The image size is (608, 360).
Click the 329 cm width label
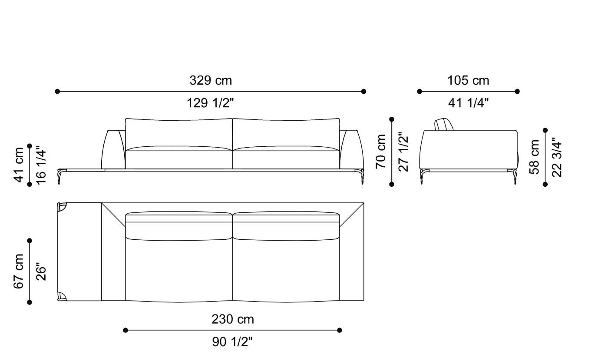(211, 80)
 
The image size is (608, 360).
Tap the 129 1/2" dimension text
(211, 103)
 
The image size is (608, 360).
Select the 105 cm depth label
(468, 80)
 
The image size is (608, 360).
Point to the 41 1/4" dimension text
(468, 103)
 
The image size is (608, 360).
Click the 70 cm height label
(381, 151)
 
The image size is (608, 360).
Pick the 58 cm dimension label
(535, 157)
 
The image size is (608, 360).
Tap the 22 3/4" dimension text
(556, 157)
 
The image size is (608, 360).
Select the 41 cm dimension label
(19, 165)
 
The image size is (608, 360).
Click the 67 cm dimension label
(19, 271)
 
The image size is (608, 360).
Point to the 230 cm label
(232, 319)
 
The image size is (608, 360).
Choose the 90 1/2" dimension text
(232, 342)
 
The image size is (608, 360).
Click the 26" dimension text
(41, 271)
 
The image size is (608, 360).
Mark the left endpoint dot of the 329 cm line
(57, 91)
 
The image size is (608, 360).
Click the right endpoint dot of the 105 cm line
(517, 91)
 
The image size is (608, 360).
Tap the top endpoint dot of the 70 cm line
(392, 119)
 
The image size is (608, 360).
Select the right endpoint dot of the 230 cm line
(340, 330)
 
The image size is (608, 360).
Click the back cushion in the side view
(444, 124)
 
